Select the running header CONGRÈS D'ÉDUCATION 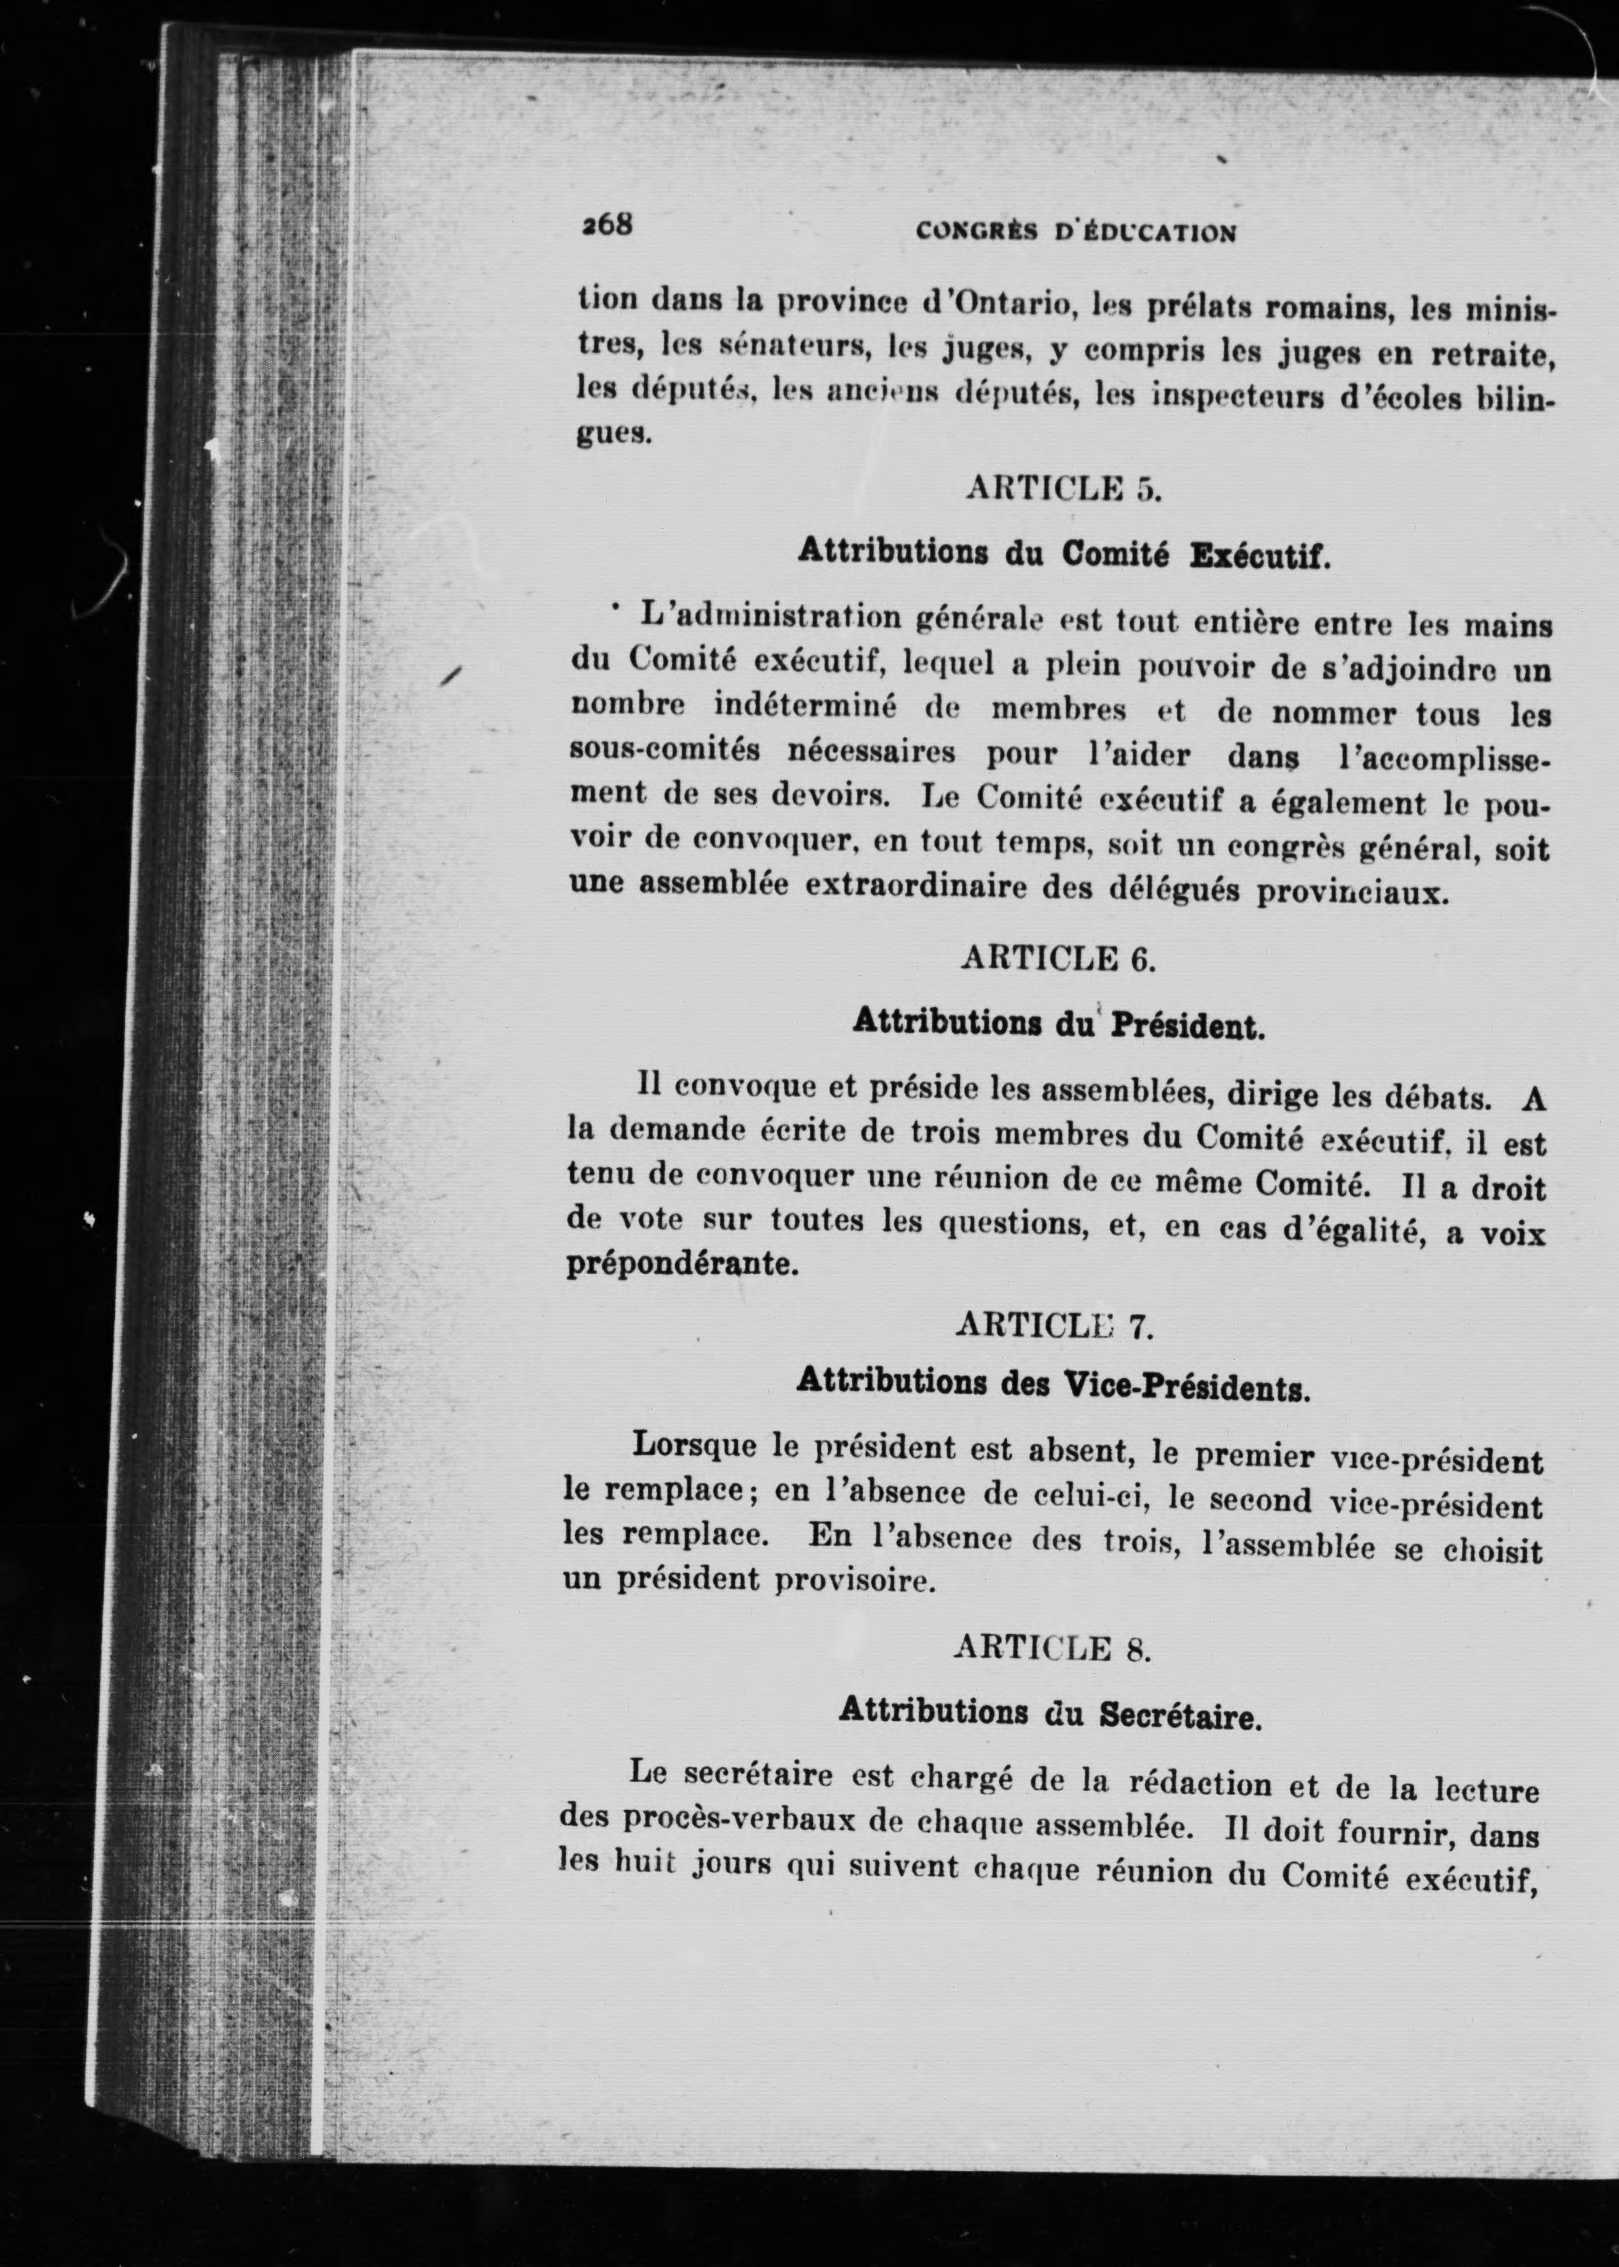1076,233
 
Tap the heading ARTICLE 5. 1063,490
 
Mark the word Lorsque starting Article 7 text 696,1445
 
